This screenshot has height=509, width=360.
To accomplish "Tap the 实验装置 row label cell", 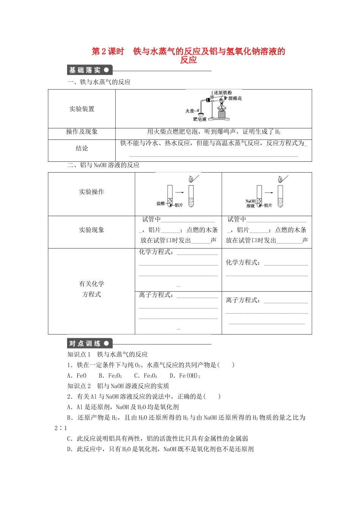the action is click(82, 109).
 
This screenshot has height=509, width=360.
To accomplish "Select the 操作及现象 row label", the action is click(82, 132).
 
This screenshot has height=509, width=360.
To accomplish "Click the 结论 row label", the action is click(82, 148).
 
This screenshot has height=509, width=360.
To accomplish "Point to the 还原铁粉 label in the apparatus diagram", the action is click(223, 93).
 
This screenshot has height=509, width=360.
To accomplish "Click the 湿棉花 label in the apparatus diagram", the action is click(235, 98).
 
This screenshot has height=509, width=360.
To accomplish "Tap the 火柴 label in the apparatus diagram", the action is click(189, 111).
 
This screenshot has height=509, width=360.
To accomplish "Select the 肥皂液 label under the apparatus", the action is click(200, 119).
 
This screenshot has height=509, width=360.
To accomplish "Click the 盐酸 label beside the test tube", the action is click(161, 203).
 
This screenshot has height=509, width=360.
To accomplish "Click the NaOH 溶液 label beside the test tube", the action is click(250, 204).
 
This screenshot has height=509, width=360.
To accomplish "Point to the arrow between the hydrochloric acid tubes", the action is click(180, 192).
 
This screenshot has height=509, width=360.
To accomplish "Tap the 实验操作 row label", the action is click(91, 192).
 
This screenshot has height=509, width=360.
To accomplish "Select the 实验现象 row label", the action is click(91, 230).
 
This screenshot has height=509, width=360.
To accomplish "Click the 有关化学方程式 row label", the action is click(91, 289).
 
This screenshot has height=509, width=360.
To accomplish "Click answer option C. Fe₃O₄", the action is click(146, 376).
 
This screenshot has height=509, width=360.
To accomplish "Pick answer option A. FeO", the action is click(77, 376).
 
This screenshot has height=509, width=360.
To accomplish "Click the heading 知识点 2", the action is click(79, 386).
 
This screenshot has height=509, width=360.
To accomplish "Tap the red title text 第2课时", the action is click(108, 52).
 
